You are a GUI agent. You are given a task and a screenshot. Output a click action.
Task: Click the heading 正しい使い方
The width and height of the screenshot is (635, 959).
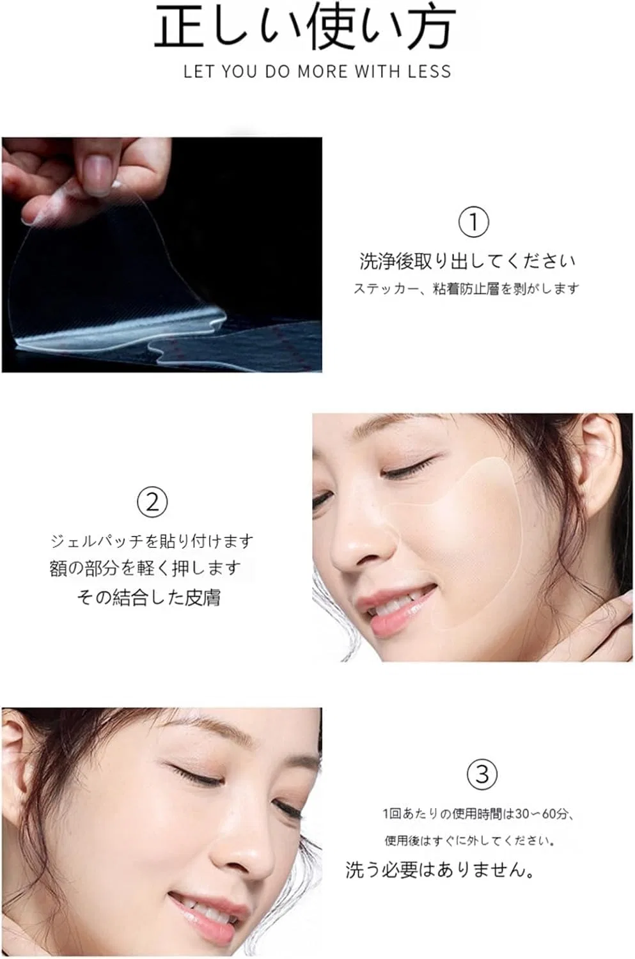click(x=305, y=27)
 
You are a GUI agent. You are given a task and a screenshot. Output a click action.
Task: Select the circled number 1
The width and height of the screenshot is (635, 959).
click(x=473, y=222)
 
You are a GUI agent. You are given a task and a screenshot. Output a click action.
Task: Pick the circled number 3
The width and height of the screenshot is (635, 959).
click(x=482, y=774)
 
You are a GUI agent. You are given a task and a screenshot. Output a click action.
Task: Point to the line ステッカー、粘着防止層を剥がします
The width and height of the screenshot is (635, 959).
click(x=466, y=289)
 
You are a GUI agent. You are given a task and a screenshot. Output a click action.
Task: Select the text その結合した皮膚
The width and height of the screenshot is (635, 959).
click(x=149, y=598)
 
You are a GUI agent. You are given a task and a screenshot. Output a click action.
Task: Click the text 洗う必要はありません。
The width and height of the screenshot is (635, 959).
click(x=440, y=870)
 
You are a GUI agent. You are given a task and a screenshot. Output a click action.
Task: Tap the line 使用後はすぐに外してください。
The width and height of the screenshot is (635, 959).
click(x=470, y=841)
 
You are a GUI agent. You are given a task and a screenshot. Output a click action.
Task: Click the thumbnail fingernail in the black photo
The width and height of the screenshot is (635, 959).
click(x=99, y=171)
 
